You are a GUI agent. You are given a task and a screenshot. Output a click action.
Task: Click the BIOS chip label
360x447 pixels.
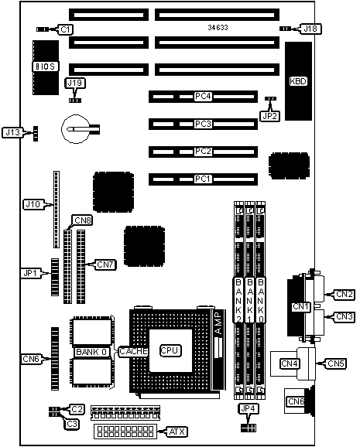pyautogui.click(x=45, y=67)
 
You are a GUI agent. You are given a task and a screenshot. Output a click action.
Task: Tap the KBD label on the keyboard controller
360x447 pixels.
pyautogui.click(x=298, y=81)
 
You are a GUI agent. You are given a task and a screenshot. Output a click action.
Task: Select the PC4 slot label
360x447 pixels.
pyautogui.click(x=203, y=97)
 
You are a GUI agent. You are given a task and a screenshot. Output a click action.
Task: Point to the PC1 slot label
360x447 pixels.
pyautogui.click(x=203, y=179)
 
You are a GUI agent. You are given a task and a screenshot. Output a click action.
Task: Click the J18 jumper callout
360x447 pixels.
pyautogui.click(x=310, y=29)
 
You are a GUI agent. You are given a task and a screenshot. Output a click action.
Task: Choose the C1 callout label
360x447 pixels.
pyautogui.click(x=65, y=29)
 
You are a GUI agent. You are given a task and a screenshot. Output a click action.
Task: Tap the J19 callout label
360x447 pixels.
pyautogui.click(x=75, y=83)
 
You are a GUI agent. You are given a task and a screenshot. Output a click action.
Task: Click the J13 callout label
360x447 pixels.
pyautogui.click(x=13, y=132)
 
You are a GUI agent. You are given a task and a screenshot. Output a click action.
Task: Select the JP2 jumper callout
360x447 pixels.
pyautogui.click(x=269, y=116)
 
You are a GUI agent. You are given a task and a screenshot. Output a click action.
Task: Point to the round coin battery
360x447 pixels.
pyautogui.click(x=76, y=129)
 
